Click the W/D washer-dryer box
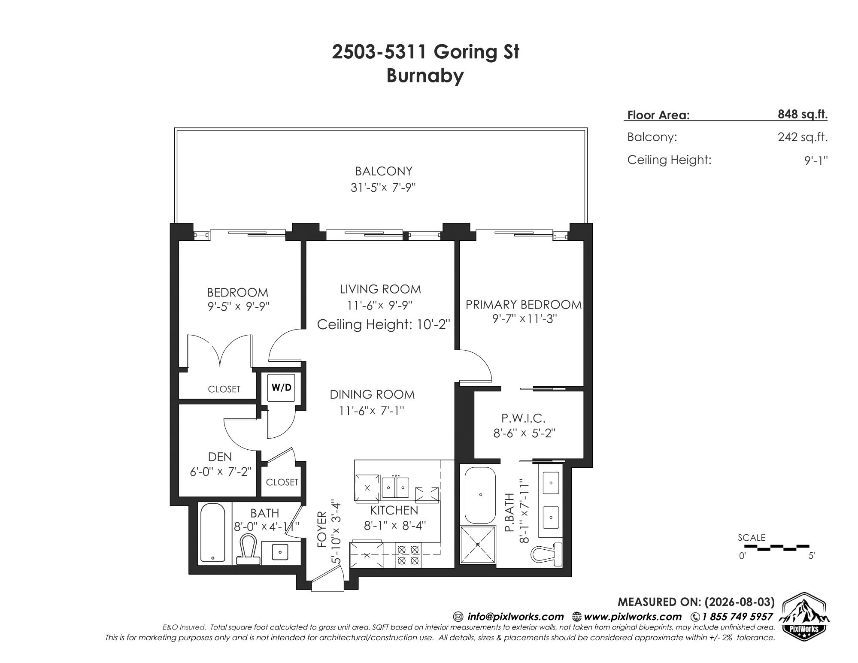[281, 388]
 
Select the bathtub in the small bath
[212, 532]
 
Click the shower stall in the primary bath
[478, 545]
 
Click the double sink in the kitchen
[395, 486]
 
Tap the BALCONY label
[384, 171]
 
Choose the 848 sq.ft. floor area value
[803, 115]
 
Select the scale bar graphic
[776, 547]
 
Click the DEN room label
[220, 457]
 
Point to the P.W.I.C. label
[523, 418]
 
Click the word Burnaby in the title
[425, 76]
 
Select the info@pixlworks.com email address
[515, 617]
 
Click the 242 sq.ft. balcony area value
[803, 137]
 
